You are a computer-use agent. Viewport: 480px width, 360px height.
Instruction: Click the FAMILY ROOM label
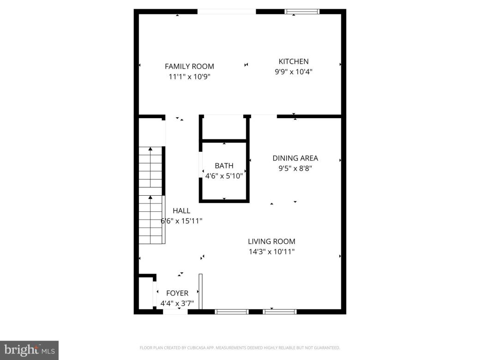189,66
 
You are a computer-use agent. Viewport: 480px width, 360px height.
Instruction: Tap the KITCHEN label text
294,61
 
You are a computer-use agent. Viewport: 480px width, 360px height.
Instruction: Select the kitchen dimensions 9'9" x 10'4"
294,72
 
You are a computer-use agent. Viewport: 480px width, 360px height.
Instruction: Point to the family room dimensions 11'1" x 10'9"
189,77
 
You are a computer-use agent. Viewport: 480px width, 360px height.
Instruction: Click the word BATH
224,166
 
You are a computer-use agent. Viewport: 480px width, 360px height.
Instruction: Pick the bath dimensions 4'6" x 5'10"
224,175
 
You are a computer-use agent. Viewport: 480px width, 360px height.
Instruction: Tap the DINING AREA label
295,158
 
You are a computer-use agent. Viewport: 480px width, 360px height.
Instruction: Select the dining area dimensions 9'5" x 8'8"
295,168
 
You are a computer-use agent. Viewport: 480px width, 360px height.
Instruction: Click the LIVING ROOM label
271,241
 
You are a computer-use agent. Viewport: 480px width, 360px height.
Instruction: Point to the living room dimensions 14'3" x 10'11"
271,252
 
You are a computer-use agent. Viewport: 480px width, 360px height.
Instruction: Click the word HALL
181,211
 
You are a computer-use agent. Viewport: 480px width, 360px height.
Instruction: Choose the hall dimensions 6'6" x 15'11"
181,221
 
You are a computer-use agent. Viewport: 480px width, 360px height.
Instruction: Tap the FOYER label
177,294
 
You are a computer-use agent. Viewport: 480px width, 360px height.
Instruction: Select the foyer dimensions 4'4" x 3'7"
177,304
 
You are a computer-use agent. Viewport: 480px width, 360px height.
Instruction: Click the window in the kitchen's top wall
302,12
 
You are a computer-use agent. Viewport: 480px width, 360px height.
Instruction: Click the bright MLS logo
29,350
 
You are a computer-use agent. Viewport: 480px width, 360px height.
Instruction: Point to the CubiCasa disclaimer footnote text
240,348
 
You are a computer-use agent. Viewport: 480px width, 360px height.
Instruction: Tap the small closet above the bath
224,127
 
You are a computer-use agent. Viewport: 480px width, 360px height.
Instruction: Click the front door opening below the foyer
175,312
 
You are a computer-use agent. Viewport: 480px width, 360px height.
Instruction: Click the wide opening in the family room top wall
227,12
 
